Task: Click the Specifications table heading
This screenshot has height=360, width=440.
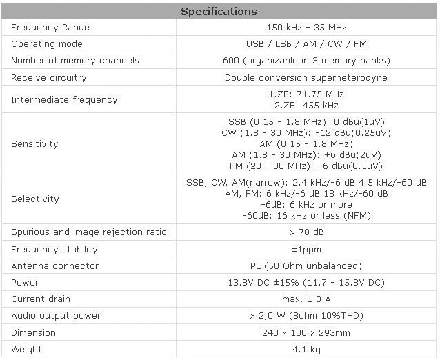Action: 219,12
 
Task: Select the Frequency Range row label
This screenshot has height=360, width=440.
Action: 50,28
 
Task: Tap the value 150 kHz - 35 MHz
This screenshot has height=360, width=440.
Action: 306,27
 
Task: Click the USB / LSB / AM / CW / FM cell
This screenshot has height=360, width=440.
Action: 306,43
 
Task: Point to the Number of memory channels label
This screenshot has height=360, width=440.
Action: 75,60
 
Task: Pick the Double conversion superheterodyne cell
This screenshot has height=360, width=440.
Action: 306,77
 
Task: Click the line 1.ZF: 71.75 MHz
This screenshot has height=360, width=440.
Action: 306,94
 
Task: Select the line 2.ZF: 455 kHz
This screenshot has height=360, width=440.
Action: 306,106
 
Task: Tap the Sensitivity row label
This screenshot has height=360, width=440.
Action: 34,143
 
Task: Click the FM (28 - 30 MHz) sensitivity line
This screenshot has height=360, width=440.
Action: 306,166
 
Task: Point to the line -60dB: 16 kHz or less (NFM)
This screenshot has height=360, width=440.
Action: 306,215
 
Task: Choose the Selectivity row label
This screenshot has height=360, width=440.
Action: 35,199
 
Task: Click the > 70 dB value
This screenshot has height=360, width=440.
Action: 306,232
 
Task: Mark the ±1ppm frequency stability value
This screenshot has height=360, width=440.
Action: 306,249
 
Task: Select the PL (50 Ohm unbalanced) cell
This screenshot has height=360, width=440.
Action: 306,266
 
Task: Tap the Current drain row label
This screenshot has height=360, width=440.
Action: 41,299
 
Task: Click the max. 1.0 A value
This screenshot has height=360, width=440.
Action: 306,299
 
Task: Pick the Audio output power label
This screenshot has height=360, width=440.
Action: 56,316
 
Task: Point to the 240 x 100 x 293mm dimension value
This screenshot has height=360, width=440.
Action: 306,332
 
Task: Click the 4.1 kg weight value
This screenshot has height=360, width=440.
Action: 306,350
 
